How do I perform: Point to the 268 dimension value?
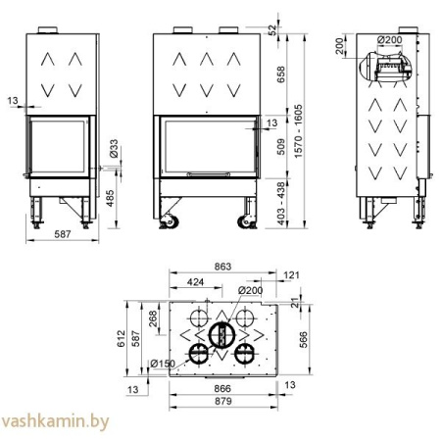coord(152,320)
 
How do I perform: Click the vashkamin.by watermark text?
coord(55,424)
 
